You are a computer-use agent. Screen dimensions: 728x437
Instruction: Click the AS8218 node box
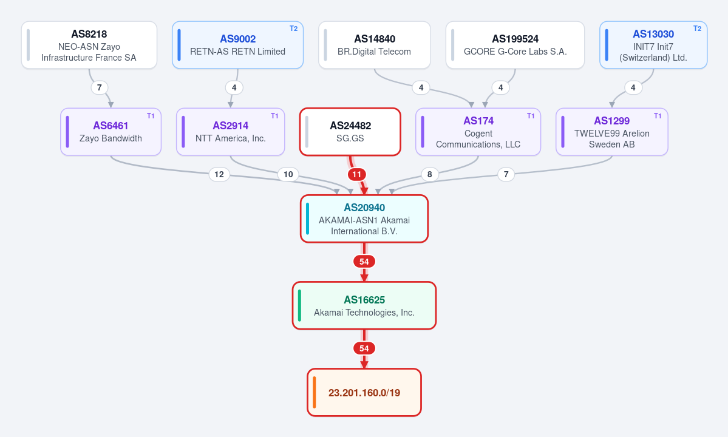pos(89,45)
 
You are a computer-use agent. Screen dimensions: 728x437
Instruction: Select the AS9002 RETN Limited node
pos(238,45)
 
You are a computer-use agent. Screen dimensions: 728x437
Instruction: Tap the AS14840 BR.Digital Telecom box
pos(374,45)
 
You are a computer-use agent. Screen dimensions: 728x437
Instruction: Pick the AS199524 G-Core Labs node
pos(515,45)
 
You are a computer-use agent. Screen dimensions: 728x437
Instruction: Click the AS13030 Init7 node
pos(653,45)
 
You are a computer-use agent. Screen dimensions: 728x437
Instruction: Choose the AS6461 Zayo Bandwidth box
pos(111,132)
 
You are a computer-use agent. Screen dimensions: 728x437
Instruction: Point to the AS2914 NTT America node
pos(230,132)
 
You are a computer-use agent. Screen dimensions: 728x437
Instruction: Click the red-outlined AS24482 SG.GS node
pos(350,132)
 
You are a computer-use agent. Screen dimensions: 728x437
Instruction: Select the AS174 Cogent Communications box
pos(478,132)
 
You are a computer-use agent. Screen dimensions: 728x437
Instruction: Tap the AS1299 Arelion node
pos(612,132)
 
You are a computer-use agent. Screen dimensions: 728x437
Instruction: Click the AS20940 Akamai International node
pos(364,219)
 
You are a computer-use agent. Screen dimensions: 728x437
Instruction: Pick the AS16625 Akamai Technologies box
pos(364,306)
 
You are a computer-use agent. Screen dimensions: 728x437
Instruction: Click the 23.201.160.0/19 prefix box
pos(364,393)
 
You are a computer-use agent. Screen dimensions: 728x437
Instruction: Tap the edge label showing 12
pos(219,174)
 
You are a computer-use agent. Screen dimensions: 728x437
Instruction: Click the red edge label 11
pos(356,174)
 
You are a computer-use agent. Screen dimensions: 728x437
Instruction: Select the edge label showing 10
pos(288,174)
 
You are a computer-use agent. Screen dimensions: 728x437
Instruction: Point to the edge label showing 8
pos(429,174)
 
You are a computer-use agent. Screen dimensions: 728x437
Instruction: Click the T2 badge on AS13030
pos(698,29)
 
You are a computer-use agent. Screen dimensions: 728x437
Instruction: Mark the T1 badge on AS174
pos(531,116)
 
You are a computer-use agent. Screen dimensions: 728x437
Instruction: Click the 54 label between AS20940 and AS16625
pos(364,262)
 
